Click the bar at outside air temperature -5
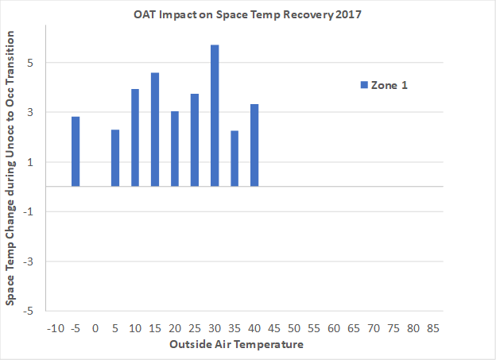click(76, 151)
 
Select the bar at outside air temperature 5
click(115, 157)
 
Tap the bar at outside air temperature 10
click(135, 137)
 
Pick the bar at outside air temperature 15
click(155, 130)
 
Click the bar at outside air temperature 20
click(175, 149)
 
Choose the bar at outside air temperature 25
click(195, 140)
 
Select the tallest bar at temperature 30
click(215, 115)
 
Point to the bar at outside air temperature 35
click(234, 158)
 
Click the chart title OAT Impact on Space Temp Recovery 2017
click(249, 14)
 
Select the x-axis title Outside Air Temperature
click(235, 345)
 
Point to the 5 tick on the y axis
click(29, 63)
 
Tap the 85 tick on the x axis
click(433, 328)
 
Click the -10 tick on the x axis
click(55, 328)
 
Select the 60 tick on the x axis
click(334, 328)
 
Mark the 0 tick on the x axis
click(95, 328)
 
